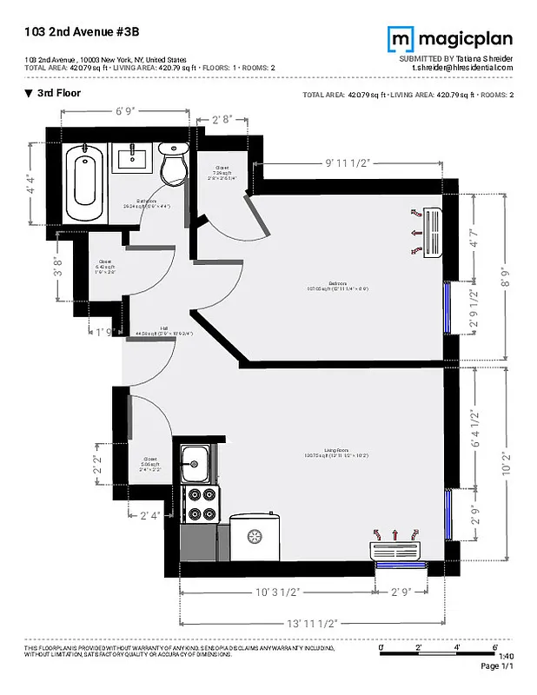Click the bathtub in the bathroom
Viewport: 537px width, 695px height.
84,177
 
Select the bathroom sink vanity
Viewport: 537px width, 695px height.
133,159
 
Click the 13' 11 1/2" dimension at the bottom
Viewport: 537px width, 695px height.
312,623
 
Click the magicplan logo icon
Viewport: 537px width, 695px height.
400,38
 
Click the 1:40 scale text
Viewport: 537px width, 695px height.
507,656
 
